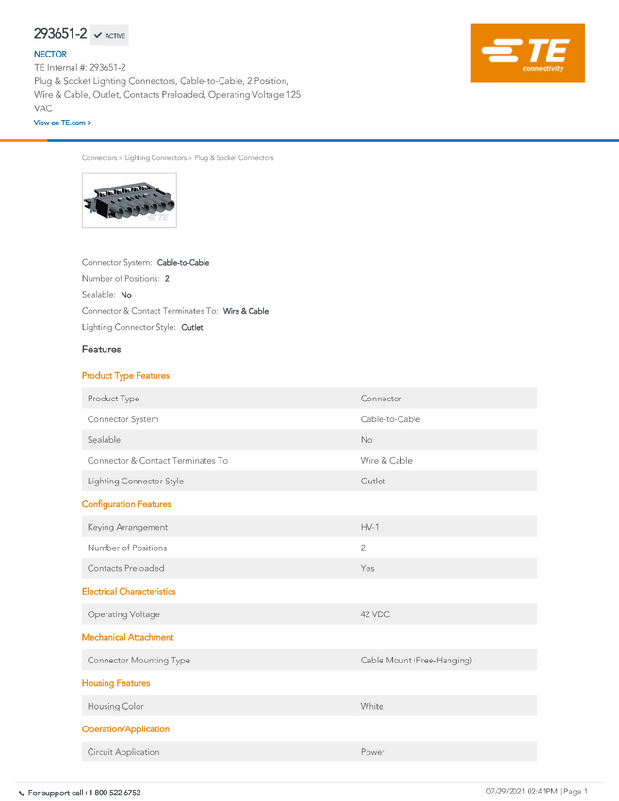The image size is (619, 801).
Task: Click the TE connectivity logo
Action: pos(528,53)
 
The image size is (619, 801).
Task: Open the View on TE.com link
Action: pos(63,123)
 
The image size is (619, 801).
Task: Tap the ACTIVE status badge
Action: pos(109,35)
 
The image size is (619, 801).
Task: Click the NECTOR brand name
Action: pos(50,54)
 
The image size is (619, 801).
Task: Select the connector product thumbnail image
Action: pos(129,200)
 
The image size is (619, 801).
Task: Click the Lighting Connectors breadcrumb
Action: pos(155,158)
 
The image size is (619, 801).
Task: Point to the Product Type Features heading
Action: pos(125,375)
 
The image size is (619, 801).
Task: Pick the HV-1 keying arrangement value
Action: pos(369,527)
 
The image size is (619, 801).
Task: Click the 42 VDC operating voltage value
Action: pos(375,614)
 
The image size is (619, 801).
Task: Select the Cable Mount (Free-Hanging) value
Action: pos(416,660)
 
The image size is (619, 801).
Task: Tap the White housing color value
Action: pos(372,706)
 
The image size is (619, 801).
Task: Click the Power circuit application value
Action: pos(373,752)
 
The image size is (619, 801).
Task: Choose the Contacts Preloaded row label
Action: pos(125,568)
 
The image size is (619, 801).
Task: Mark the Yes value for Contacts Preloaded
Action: pos(367,568)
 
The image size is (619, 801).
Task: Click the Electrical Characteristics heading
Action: pos(129,591)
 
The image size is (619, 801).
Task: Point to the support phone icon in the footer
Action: pos(22,793)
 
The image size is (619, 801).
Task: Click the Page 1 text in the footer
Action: pos(576,792)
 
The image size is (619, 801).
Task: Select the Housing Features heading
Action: pos(116,683)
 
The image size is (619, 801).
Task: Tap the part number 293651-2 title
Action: pos(60,34)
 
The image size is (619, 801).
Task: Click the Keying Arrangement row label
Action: pos(127,527)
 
